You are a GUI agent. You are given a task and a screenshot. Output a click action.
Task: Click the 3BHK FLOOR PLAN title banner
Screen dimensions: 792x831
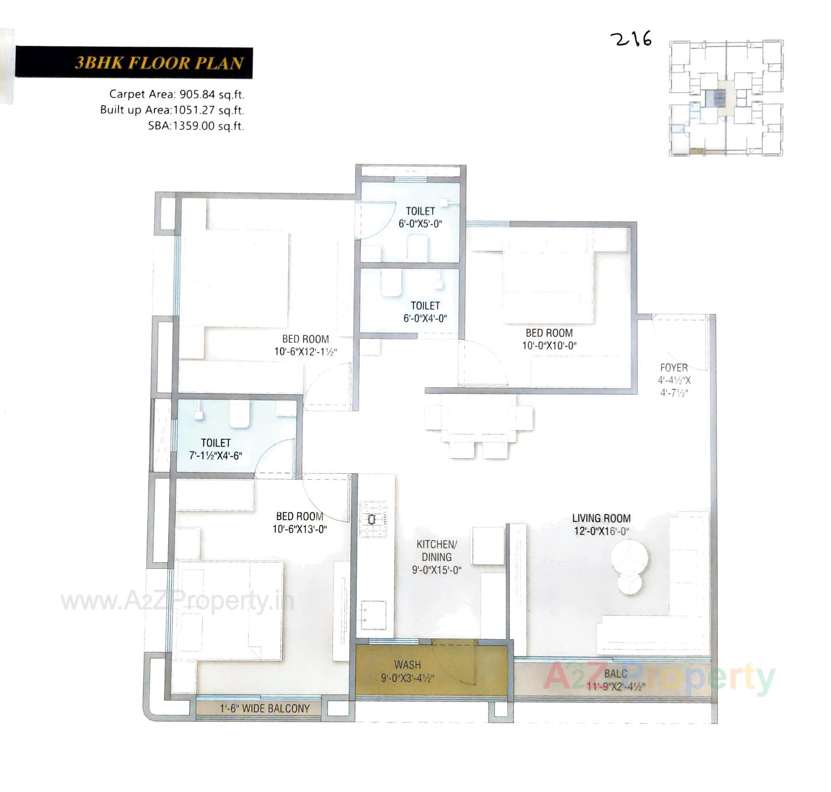point(134,62)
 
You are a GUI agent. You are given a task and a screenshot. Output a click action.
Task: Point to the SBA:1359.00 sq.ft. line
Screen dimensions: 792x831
point(196,126)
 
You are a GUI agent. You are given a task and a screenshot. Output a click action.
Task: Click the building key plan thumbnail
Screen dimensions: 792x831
point(726,98)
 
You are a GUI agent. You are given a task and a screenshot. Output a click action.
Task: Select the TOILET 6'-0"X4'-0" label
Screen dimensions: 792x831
point(425,312)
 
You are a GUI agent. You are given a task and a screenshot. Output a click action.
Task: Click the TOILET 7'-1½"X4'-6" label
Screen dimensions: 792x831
point(216,449)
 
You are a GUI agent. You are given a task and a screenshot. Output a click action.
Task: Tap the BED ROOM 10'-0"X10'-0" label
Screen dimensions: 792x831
point(549,339)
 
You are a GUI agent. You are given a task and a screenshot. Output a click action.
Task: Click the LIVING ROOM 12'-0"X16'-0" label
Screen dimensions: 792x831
point(601,524)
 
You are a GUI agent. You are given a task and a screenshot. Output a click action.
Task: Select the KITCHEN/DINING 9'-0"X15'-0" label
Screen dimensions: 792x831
point(436,557)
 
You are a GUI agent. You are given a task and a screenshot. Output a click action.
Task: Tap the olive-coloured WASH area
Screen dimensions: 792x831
point(408,671)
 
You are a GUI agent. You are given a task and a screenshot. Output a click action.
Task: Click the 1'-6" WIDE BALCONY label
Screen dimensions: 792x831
point(265,709)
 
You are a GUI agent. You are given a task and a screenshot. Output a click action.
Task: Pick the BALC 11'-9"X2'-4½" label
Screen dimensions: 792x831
point(616,680)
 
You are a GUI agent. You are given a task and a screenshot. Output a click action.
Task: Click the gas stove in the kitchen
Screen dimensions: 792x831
point(373,519)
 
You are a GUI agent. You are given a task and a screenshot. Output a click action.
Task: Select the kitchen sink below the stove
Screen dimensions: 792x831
point(374,614)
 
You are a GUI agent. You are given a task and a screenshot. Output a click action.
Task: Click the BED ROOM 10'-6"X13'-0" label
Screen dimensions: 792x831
point(300,523)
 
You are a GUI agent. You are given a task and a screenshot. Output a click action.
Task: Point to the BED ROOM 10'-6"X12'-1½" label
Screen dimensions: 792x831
point(305,345)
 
